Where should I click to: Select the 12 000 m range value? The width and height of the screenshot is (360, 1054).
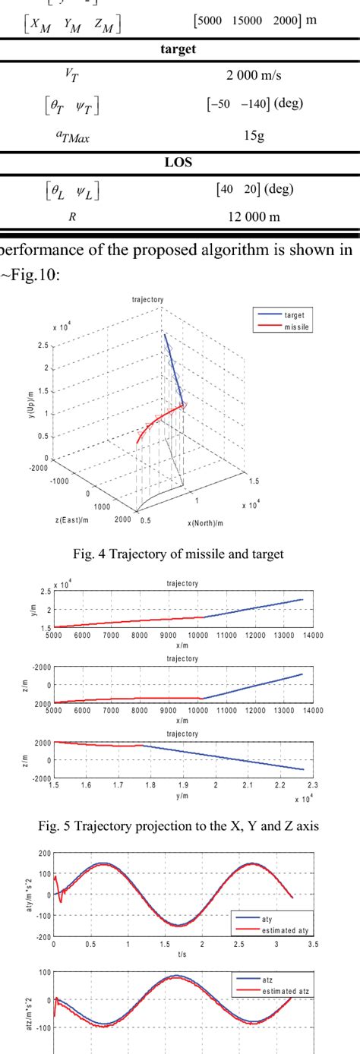254,216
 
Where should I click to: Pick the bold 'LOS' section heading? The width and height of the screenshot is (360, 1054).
179,162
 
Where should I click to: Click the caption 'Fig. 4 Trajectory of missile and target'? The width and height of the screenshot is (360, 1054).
179,554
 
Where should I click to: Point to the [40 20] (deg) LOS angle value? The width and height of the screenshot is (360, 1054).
254,188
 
